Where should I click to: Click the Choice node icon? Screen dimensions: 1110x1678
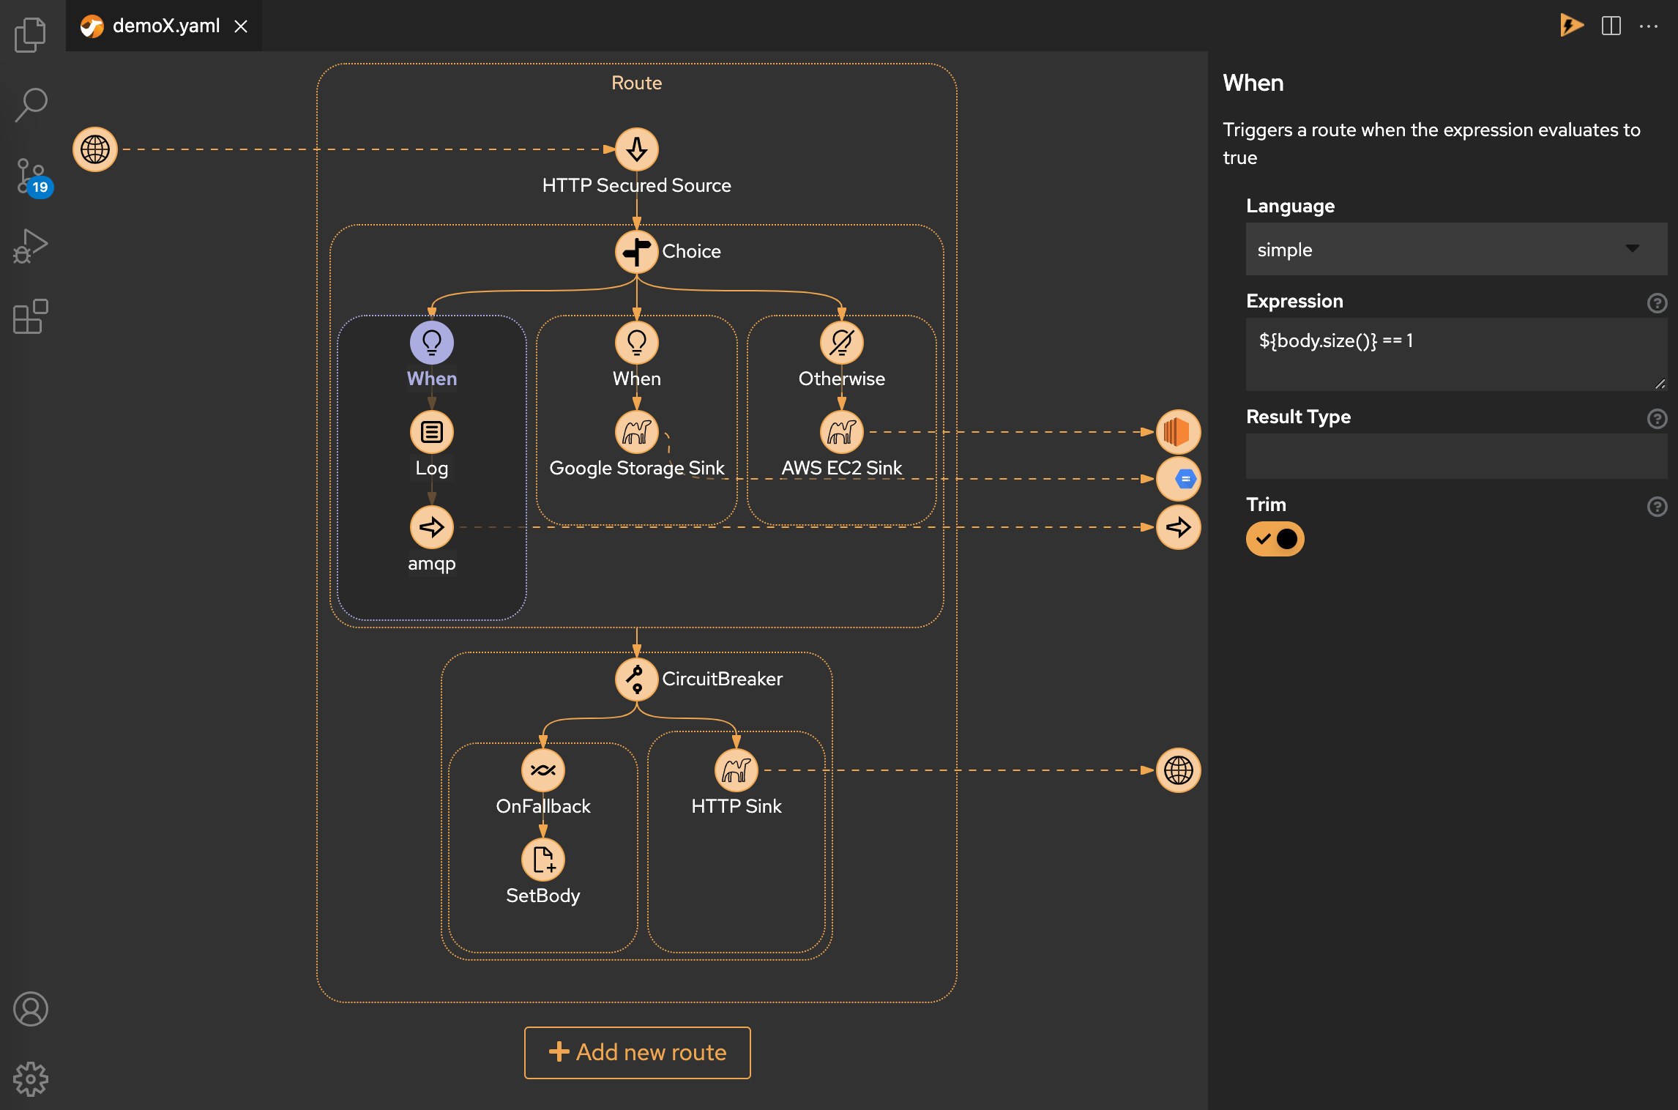coord(636,252)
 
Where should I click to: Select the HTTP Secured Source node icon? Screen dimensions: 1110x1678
coord(636,149)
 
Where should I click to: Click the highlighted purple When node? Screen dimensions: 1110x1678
coord(432,343)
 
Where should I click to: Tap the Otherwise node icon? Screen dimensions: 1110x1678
coord(841,343)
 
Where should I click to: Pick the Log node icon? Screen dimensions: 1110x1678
coord(432,432)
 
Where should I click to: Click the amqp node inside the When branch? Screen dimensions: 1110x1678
coord(432,527)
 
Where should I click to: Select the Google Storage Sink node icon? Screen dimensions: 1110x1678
coord(636,432)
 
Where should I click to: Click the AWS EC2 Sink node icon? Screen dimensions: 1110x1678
coord(841,432)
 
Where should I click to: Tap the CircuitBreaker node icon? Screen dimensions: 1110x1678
coord(636,679)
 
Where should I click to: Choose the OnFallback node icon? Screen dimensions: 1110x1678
coord(542,770)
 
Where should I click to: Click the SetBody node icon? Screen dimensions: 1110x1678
coord(542,860)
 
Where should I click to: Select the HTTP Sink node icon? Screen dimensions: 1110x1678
coord(736,770)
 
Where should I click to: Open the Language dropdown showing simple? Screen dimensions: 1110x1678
coord(1455,250)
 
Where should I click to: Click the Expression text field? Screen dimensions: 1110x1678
coord(1455,354)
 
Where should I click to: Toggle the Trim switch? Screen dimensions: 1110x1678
coord(1275,540)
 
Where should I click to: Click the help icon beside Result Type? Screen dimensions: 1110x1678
coord(1657,419)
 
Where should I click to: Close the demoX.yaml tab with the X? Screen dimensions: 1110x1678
coord(241,26)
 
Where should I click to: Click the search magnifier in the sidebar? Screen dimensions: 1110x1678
coord(31,105)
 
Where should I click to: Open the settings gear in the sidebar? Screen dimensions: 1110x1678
coord(31,1079)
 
